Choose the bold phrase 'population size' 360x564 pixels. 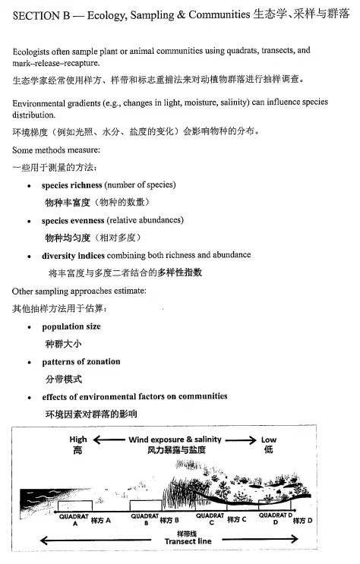tap(71, 326)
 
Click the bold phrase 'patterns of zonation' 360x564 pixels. tap(81, 361)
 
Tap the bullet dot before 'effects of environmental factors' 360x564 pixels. tap(29, 397)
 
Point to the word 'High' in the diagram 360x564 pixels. tap(78, 440)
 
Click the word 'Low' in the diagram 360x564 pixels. tap(269, 440)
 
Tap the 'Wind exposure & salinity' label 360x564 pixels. tap(175, 440)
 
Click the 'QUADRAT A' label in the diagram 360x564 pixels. tap(75, 519)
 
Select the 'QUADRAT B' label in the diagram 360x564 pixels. tap(145, 519)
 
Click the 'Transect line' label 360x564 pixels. tap(188, 541)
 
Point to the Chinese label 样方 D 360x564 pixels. tap(303, 521)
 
